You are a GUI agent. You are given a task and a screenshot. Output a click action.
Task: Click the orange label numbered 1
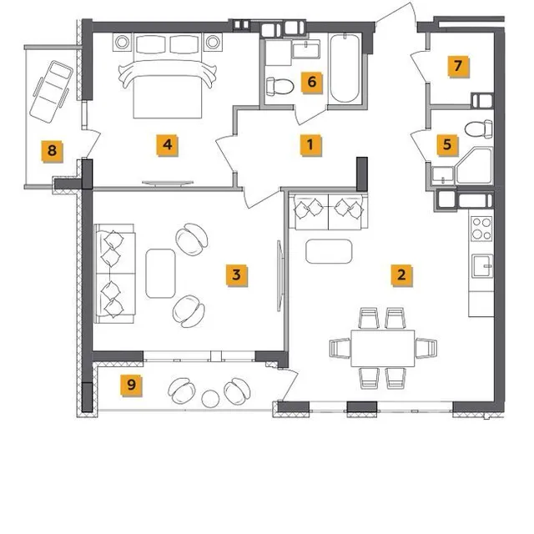click(x=310, y=144)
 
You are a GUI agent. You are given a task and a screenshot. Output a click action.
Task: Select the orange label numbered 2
click(x=401, y=275)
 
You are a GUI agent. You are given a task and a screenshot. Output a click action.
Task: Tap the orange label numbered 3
click(x=236, y=275)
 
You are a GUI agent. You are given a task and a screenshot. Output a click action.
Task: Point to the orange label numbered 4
click(x=167, y=144)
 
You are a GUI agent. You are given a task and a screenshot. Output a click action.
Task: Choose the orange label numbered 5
click(x=447, y=144)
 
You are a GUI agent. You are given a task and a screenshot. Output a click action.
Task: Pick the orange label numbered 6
click(x=311, y=82)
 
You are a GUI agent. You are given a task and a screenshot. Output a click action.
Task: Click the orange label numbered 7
click(x=458, y=66)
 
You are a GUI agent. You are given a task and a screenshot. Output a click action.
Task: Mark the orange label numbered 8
click(x=52, y=150)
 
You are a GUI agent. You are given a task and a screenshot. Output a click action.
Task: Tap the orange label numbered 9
click(x=131, y=385)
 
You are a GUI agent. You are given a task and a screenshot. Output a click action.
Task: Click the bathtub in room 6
click(x=345, y=68)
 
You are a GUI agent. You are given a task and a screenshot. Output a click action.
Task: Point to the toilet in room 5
click(x=478, y=129)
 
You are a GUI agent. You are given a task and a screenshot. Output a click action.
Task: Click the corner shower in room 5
click(x=475, y=166)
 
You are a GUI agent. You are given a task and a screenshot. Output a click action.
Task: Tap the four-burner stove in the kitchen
click(x=481, y=229)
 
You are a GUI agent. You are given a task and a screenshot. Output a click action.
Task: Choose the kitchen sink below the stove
click(x=482, y=265)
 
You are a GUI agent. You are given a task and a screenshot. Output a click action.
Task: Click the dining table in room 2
click(x=383, y=348)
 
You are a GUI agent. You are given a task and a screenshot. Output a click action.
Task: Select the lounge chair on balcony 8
click(x=52, y=91)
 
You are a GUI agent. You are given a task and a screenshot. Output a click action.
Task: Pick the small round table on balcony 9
click(x=210, y=399)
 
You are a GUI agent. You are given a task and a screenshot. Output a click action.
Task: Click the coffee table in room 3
click(x=160, y=274)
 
